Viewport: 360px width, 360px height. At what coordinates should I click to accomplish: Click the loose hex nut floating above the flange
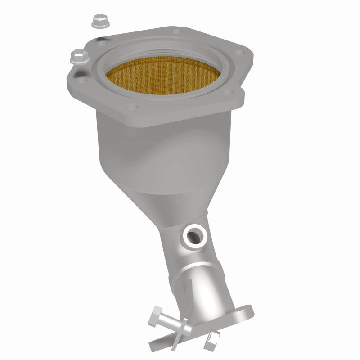97,21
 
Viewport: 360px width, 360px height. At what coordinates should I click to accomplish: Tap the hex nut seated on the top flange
79,56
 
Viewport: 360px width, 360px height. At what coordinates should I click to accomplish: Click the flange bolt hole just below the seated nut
82,81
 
